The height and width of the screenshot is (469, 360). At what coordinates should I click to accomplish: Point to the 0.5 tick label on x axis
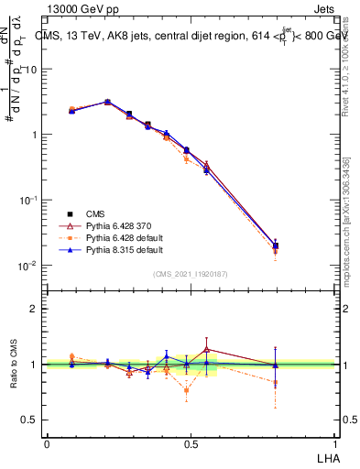point(191,443)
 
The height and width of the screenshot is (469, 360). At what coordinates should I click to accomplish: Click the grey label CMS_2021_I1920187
point(191,273)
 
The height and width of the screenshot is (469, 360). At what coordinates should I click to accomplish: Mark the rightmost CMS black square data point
point(276,245)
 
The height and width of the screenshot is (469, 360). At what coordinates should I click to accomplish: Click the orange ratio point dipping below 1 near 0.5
point(187,390)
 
